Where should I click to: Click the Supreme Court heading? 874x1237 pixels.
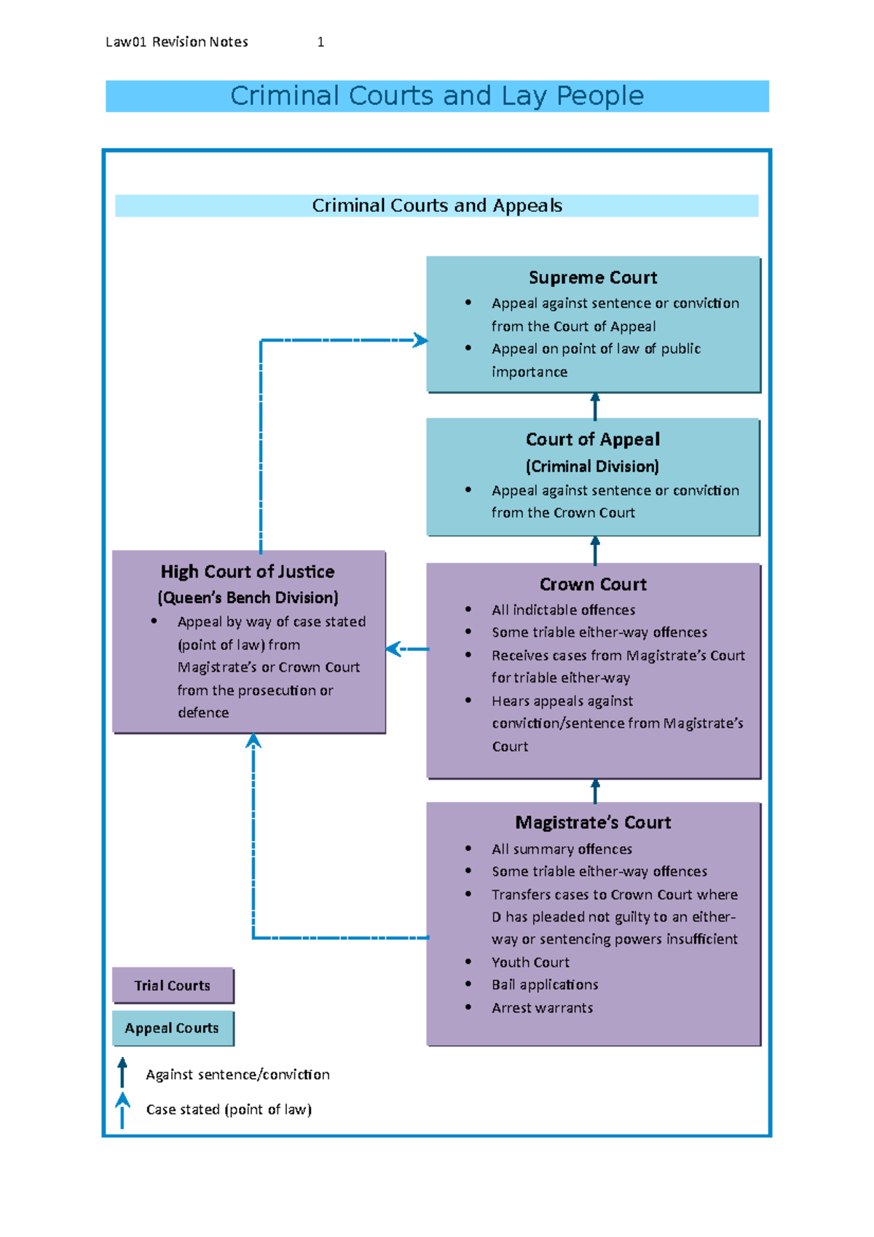pos(592,278)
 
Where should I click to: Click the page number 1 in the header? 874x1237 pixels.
pos(320,42)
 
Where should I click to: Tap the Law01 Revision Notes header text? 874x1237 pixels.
pos(177,42)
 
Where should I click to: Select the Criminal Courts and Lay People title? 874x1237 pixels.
pos(437,96)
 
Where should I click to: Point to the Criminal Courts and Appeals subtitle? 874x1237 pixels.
pos(437,205)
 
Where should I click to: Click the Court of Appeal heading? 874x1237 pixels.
pos(592,439)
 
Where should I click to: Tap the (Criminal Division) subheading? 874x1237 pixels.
pos(592,466)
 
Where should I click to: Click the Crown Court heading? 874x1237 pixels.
pos(592,584)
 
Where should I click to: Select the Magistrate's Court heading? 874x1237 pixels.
pos(592,822)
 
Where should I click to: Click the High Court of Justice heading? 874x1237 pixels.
pos(248,572)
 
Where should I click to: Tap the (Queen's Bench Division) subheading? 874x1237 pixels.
pos(248,598)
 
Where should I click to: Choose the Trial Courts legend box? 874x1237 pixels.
pos(173,986)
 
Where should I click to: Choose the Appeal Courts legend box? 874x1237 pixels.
pos(173,1028)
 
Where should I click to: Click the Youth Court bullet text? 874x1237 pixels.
pos(530,962)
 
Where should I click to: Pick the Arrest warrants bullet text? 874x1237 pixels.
pos(542,1008)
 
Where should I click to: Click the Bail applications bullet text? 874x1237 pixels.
pos(545,985)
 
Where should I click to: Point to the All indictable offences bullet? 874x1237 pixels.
pos(563,610)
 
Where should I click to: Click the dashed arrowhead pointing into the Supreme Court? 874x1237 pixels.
pos(420,340)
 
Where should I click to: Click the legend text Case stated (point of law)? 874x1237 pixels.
pos(229,1110)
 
